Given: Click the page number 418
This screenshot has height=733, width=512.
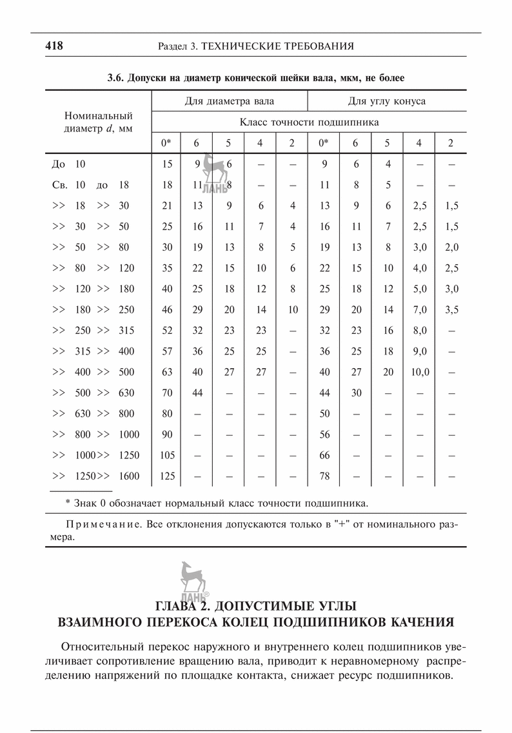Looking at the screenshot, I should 53,46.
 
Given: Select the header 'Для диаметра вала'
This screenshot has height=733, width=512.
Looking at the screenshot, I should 229,101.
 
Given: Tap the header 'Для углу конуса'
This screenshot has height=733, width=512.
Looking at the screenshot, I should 386,101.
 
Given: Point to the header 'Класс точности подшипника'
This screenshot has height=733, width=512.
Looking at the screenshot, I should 309,121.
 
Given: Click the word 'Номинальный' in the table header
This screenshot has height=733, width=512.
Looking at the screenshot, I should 99,116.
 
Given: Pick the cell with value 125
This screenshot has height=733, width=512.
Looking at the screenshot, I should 167,476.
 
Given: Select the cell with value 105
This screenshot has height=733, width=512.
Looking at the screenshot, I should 167,455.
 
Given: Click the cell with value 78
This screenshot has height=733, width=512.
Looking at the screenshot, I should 324,476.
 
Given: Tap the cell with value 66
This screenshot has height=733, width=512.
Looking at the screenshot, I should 324,455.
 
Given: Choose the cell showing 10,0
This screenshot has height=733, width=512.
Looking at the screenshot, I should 419,372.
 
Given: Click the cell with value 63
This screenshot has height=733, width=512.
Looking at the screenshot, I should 167,372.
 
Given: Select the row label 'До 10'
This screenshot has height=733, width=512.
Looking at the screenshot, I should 68,164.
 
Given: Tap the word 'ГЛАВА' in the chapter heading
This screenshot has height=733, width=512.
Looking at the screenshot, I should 182,607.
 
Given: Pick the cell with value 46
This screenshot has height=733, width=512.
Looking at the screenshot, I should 167,309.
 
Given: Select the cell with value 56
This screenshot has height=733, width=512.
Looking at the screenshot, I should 324,435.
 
